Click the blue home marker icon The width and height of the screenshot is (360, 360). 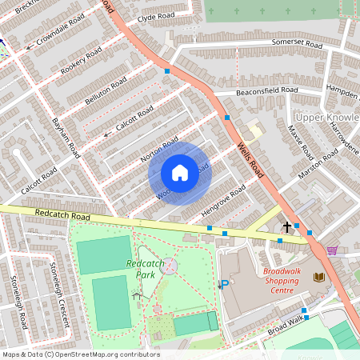[x=180, y=173]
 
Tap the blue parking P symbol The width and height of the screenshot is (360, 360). [x=225, y=284]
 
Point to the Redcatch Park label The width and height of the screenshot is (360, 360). [x=139, y=269]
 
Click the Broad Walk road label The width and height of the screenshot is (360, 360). [x=286, y=325]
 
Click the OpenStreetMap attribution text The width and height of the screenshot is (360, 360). [x=80, y=354]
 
